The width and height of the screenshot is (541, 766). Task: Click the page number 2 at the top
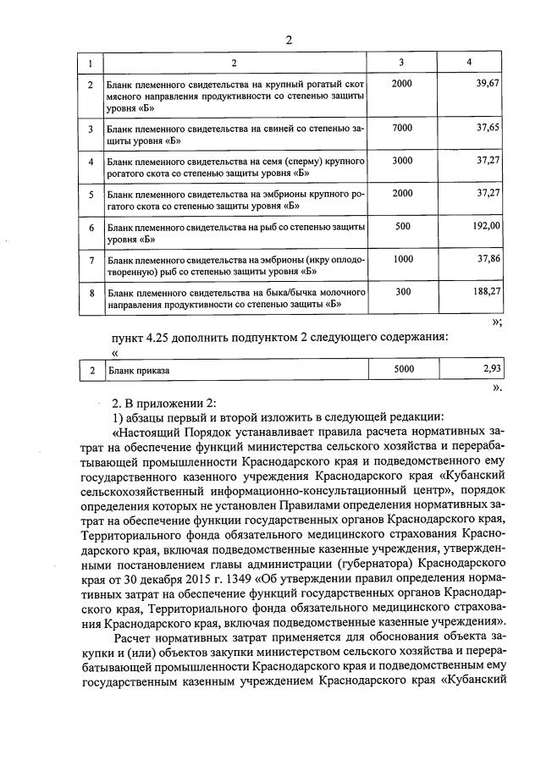tap(288, 40)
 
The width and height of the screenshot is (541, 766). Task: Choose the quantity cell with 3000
tap(402, 159)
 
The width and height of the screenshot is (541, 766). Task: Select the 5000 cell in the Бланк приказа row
tap(404, 368)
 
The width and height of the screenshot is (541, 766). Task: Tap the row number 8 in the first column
tap(91, 293)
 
